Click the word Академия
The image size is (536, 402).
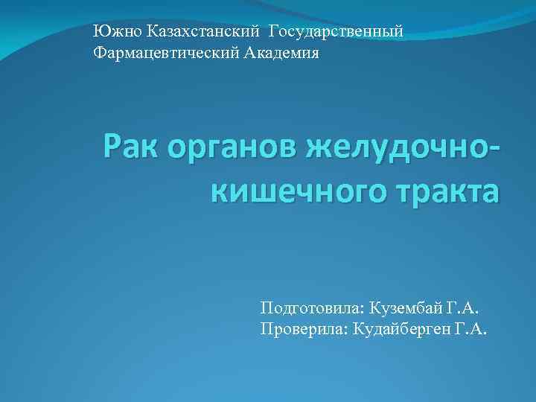tap(284, 54)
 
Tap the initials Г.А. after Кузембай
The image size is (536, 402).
tap(464, 307)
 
